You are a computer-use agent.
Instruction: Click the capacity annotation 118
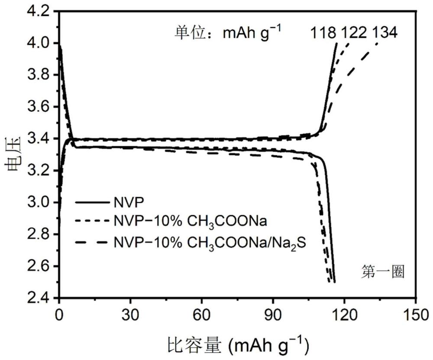pos(323,33)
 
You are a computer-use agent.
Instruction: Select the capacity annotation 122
pos(354,33)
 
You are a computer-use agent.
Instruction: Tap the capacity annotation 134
pos(385,33)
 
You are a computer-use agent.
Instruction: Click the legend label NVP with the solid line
pos(129,203)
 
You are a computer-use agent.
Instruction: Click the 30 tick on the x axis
pos(130,315)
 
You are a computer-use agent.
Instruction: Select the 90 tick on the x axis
pos(273,315)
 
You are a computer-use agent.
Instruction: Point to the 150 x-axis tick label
pos(416,315)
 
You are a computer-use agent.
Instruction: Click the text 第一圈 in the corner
pos(383,272)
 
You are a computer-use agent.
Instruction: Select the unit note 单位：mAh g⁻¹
pos(228,33)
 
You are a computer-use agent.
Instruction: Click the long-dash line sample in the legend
pos(91,242)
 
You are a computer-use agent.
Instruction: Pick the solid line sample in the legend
pos(92,203)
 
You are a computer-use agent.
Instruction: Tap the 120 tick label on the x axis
pos(344,315)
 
